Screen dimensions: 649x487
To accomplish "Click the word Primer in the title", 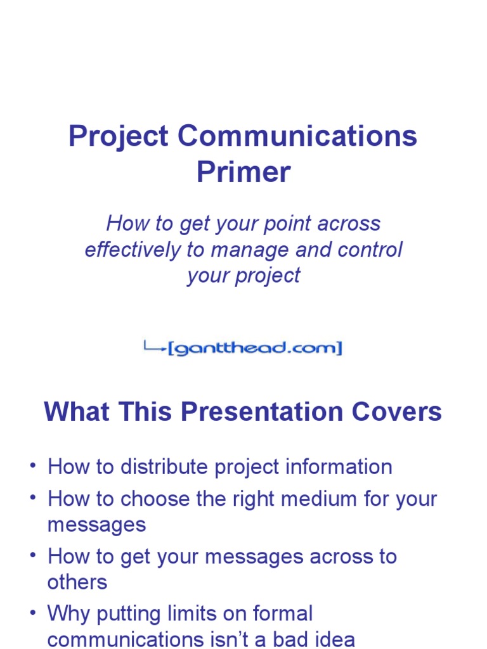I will pos(243,172).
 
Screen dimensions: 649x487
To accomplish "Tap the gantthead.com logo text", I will pos(255,349).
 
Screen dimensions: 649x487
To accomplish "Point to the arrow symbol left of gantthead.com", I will pos(154,347).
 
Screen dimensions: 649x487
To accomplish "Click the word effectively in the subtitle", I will pos(133,250).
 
